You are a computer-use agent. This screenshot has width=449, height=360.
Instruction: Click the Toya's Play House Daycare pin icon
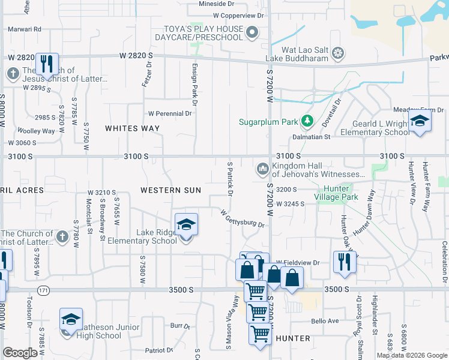(x=253, y=33)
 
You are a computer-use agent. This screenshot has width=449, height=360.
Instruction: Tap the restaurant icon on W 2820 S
(x=46, y=63)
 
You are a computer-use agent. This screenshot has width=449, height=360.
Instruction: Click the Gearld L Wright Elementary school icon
(x=420, y=122)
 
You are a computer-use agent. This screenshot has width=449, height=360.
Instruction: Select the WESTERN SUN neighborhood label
(x=169, y=190)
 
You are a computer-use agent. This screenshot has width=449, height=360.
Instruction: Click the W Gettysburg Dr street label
(x=243, y=218)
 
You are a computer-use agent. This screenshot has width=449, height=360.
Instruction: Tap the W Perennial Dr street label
(x=169, y=113)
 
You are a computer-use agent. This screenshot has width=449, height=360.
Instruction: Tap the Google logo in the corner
(x=20, y=353)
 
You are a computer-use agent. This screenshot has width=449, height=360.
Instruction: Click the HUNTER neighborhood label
(x=293, y=338)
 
